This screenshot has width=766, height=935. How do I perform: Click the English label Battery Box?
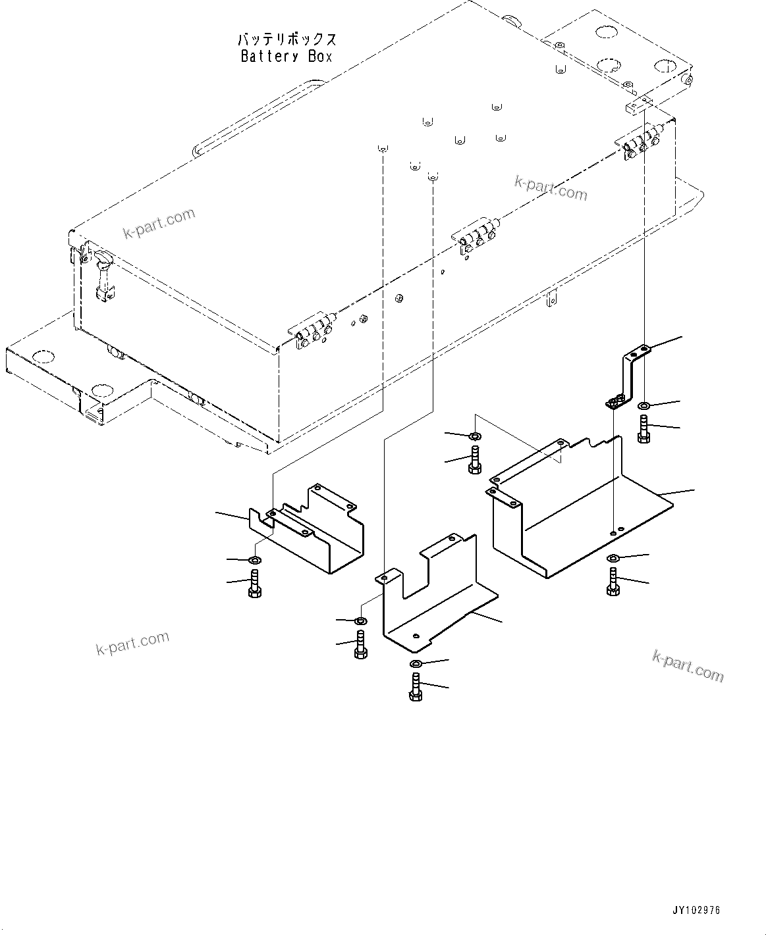pyautogui.click(x=287, y=57)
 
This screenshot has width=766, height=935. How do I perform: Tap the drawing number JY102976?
pyautogui.click(x=696, y=911)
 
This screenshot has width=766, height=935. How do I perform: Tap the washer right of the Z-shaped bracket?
pyautogui.click(x=644, y=403)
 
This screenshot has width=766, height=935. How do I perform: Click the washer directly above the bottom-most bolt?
pyautogui.click(x=415, y=663)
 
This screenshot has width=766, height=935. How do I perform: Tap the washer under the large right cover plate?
pyautogui.click(x=613, y=559)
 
